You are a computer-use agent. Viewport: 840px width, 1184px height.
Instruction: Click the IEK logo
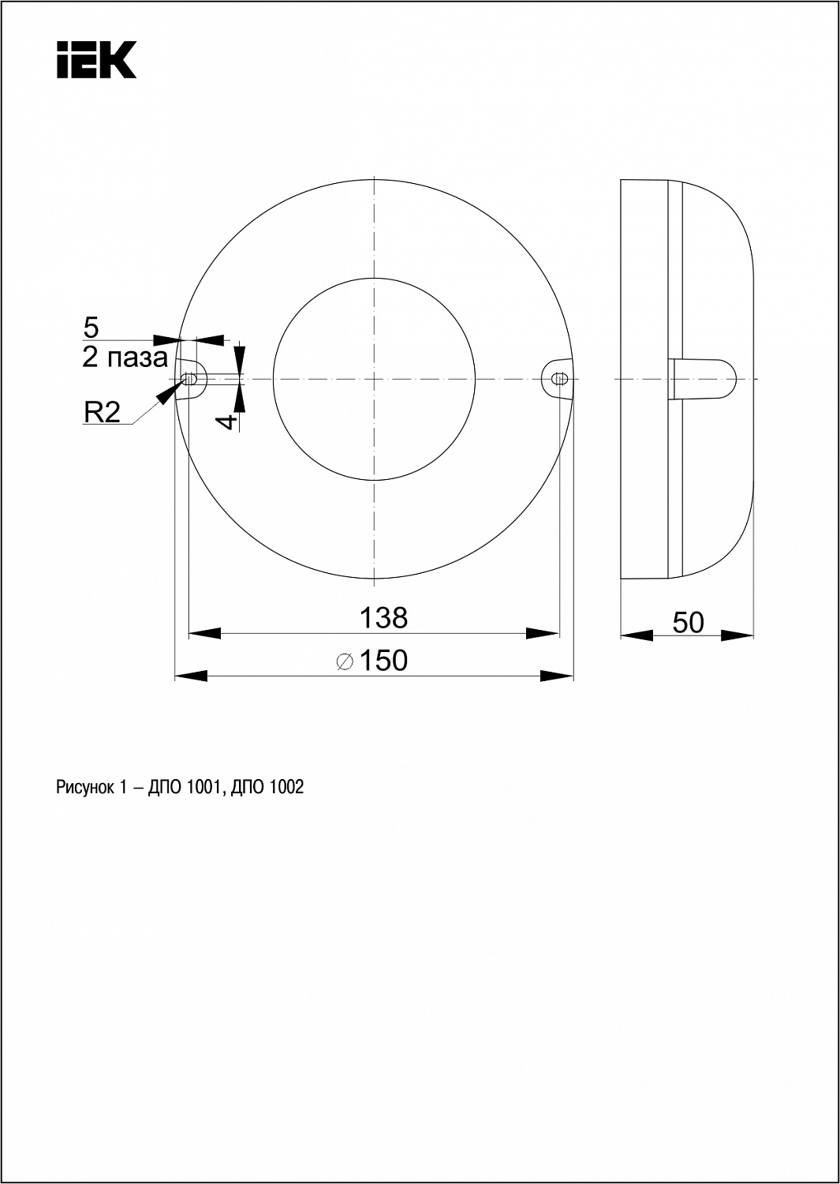(x=97, y=60)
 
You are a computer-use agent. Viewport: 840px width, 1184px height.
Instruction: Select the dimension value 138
(x=383, y=617)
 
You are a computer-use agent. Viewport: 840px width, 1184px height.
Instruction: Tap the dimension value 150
(x=383, y=660)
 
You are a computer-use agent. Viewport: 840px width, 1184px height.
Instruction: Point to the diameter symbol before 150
(x=345, y=661)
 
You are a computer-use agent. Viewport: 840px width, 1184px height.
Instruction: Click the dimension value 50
(x=688, y=622)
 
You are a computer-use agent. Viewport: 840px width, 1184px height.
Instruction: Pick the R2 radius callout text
(x=102, y=412)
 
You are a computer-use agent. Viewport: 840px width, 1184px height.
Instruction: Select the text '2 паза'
(x=125, y=358)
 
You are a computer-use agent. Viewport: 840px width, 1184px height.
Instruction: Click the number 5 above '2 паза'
(x=91, y=328)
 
